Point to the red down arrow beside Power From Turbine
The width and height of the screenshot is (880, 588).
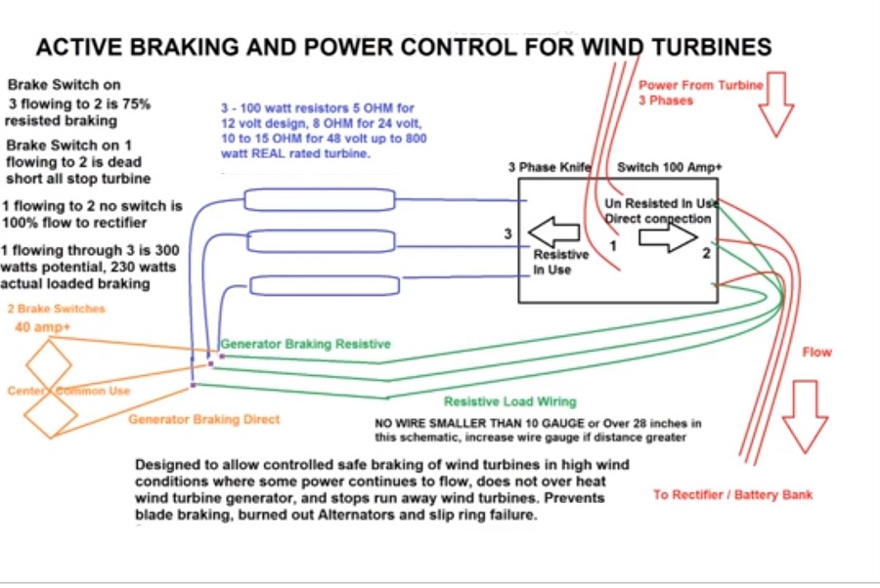[x=779, y=104]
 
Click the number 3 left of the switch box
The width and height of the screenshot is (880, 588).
[x=507, y=233]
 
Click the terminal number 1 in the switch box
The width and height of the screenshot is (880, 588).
[x=613, y=247]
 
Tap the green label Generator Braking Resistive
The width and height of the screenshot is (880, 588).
[x=305, y=344]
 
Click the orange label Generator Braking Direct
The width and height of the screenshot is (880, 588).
[x=204, y=419]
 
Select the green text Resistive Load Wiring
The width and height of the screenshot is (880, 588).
[x=509, y=401]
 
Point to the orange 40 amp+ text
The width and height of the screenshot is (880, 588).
[x=37, y=327]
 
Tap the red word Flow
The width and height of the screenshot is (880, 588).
[x=816, y=352]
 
